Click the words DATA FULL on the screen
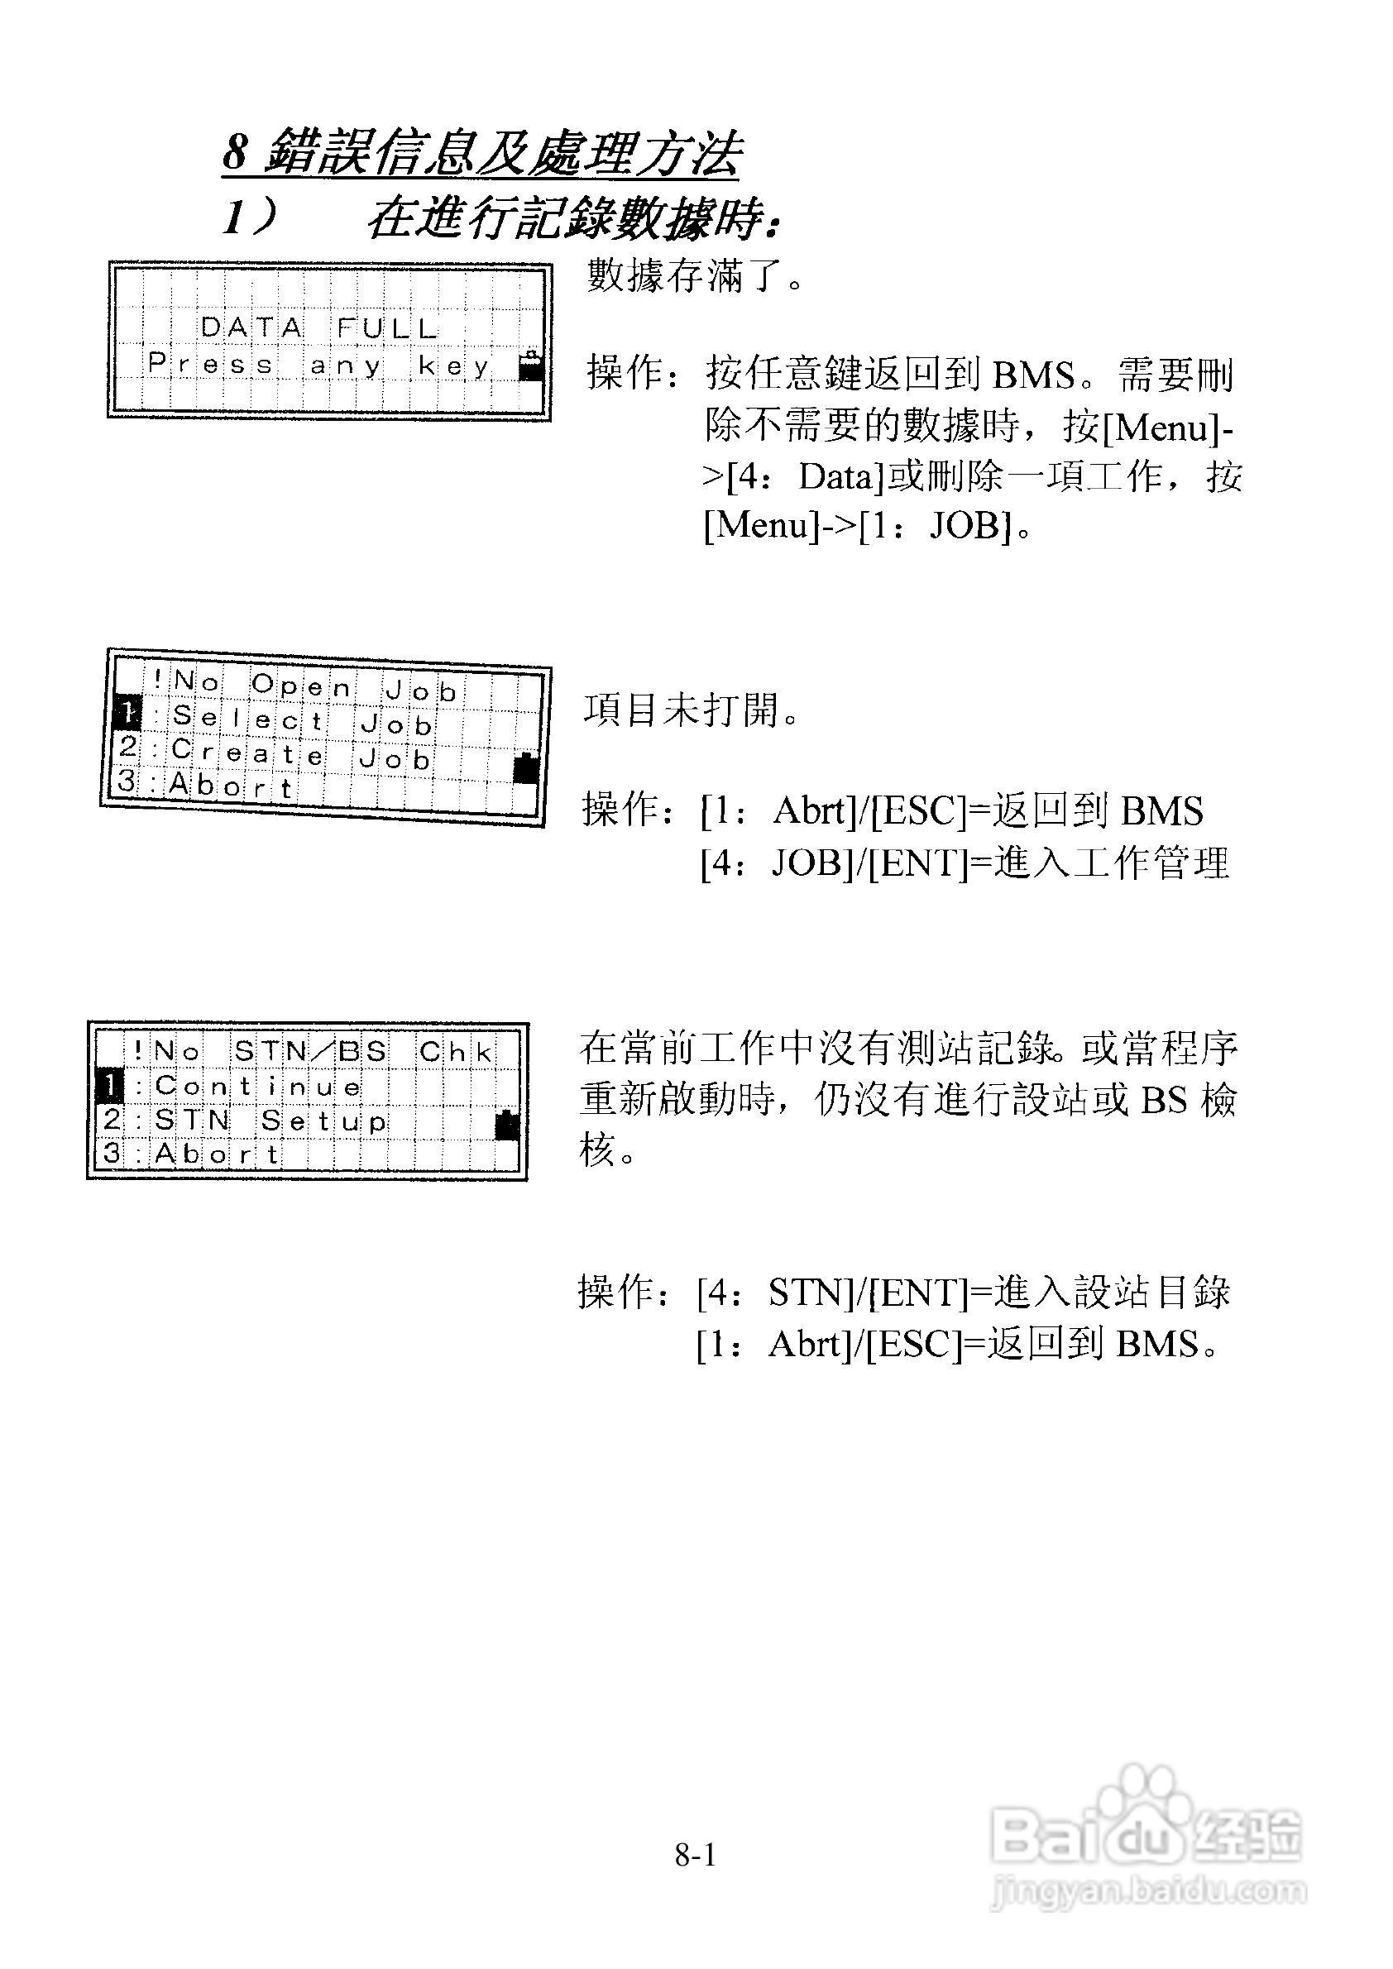point(318,327)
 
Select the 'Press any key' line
point(318,366)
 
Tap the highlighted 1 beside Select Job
point(126,712)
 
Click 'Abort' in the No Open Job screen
point(232,786)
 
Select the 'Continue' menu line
point(257,1087)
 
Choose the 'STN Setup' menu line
point(270,1121)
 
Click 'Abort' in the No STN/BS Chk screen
point(217,1154)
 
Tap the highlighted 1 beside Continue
point(110,1087)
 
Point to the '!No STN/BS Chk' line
point(313,1051)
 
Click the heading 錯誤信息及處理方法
point(502,155)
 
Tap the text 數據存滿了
point(695,276)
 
